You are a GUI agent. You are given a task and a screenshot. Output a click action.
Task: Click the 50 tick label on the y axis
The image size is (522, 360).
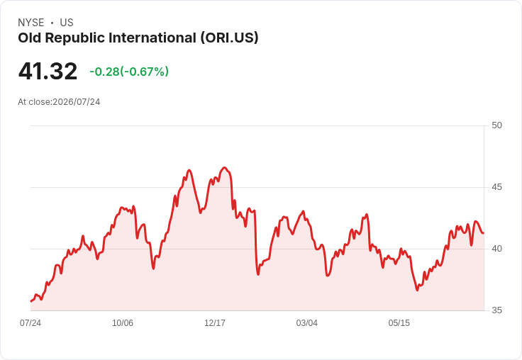(496, 125)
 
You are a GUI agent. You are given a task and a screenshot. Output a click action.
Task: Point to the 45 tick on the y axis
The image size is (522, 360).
(496, 187)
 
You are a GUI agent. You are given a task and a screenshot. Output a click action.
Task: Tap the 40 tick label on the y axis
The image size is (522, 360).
(496, 249)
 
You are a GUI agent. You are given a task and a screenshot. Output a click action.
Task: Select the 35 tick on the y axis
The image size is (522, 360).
(496, 310)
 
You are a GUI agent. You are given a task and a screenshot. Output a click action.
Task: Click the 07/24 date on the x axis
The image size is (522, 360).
(30, 323)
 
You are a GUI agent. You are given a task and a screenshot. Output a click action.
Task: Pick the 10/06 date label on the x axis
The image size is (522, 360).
(123, 323)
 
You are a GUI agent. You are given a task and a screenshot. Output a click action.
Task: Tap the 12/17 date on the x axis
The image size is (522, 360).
(215, 323)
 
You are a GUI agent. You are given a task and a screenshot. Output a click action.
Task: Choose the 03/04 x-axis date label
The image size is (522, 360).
(307, 323)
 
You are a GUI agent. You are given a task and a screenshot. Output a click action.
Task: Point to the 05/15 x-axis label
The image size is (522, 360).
(399, 323)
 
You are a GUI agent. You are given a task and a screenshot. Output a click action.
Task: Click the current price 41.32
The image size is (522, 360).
(48, 71)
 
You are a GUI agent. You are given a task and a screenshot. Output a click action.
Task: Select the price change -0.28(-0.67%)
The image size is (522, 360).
(129, 72)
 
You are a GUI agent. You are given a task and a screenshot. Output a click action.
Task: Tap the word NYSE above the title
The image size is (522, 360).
(31, 23)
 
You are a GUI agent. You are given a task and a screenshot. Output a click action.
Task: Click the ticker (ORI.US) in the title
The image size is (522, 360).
(229, 38)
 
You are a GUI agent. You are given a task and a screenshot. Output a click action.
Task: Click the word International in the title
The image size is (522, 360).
(152, 38)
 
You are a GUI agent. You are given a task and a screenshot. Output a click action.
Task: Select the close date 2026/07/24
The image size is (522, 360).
(76, 102)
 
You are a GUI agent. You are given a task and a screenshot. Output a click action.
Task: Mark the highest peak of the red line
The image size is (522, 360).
(225, 168)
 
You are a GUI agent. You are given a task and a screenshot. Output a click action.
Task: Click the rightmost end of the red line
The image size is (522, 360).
(484, 233)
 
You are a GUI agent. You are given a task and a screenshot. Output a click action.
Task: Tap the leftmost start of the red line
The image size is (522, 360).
(31, 301)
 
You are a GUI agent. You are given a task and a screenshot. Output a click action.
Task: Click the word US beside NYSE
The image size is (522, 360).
(67, 23)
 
